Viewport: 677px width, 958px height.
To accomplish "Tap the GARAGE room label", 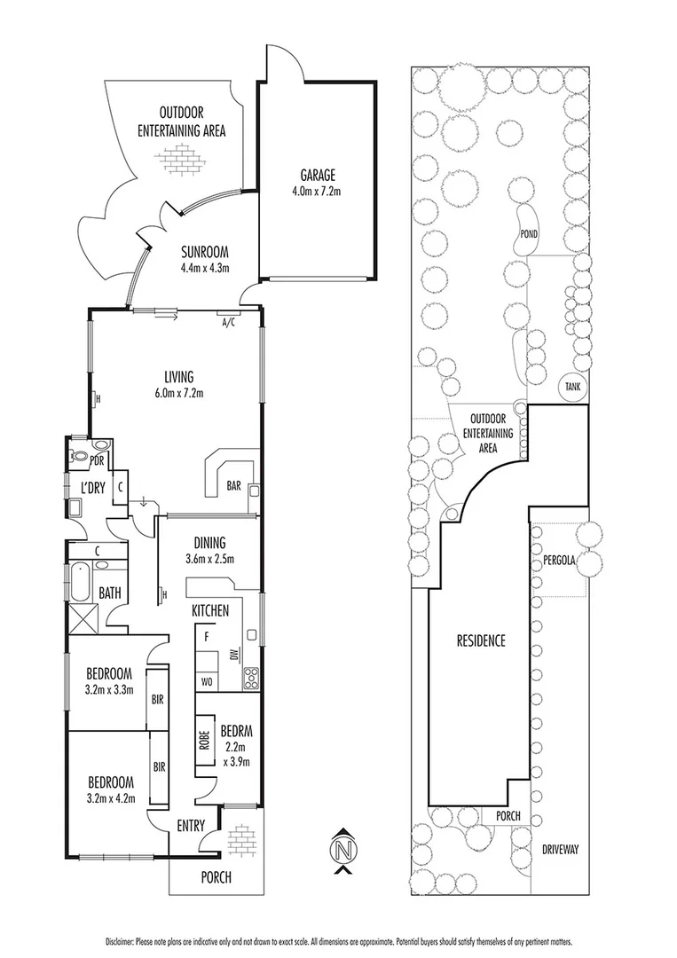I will [x=316, y=176].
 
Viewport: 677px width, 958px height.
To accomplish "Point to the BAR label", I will [x=234, y=486].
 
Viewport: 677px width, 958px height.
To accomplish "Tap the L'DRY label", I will [x=93, y=488].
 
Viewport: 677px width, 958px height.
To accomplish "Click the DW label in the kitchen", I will [x=233, y=656].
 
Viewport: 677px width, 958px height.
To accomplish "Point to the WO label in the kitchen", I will [x=206, y=681].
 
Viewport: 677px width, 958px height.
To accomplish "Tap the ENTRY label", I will [x=190, y=826].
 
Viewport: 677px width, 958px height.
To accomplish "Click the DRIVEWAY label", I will [x=559, y=849].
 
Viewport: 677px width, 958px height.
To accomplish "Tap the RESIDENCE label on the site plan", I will [x=481, y=640].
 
